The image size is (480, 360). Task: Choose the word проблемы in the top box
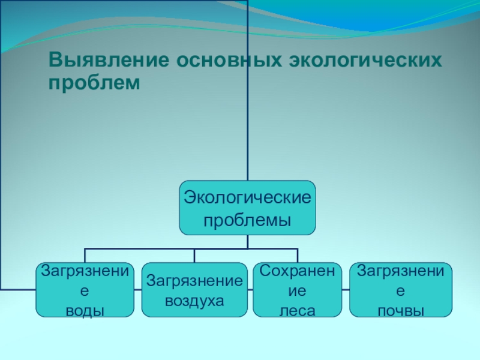(x=247, y=220)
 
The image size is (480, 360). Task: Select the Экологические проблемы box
(x=247, y=208)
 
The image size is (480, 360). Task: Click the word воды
(x=85, y=310)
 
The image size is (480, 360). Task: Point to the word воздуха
(x=194, y=301)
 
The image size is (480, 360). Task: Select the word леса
(x=298, y=310)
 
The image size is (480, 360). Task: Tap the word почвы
(x=400, y=310)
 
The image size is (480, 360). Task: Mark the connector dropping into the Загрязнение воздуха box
(x=194, y=256)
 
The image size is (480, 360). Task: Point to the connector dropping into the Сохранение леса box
(x=298, y=256)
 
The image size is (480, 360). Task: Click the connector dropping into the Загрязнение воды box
(x=85, y=256)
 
